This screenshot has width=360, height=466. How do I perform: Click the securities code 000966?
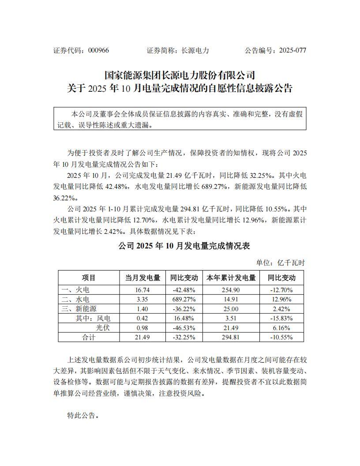click(99, 50)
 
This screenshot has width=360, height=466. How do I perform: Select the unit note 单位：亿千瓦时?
click(281, 263)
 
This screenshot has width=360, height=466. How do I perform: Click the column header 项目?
click(89, 278)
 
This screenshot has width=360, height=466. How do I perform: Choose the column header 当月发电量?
click(142, 278)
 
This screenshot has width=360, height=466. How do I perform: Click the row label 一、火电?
click(75, 290)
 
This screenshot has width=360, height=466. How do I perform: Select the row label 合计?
click(89, 337)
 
